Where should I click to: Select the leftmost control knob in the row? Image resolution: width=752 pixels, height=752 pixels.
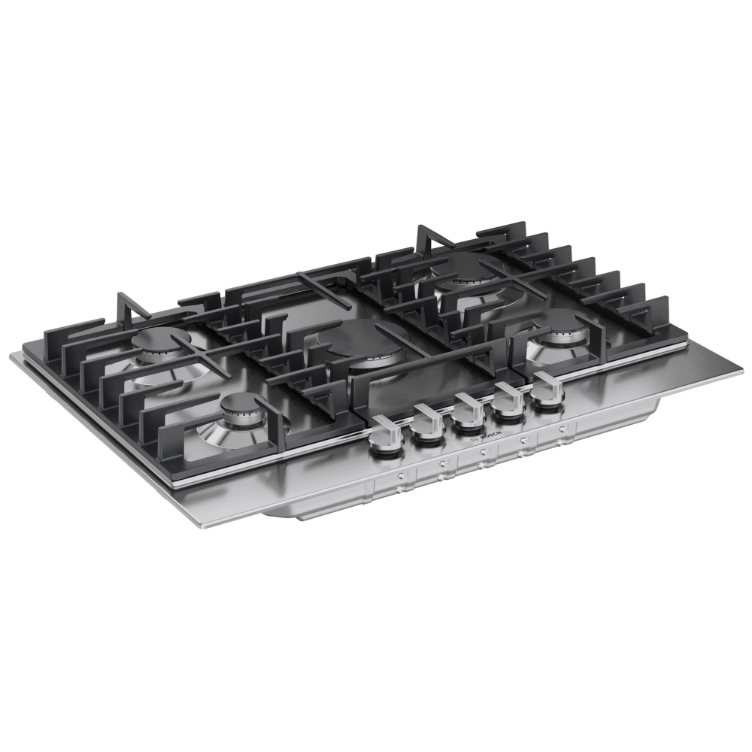click(384, 437)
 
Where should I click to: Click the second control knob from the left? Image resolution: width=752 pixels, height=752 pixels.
click(428, 424)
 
